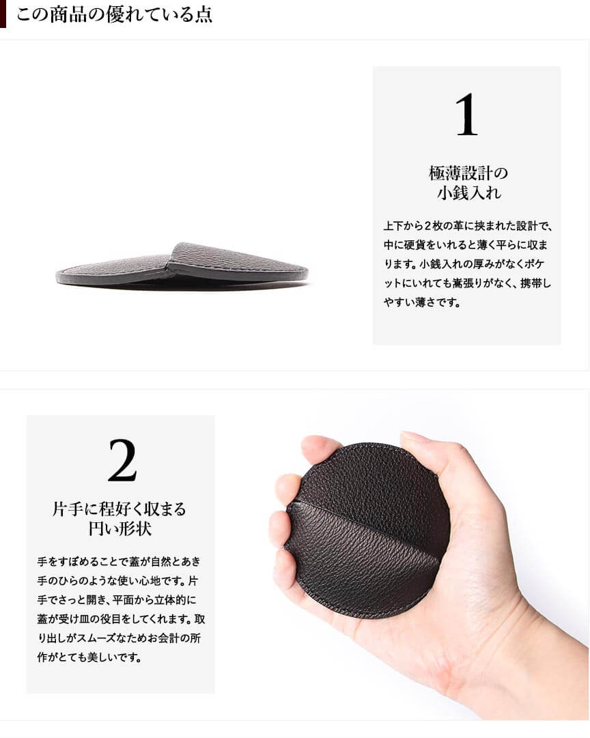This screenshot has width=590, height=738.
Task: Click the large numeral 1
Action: tap(466, 115)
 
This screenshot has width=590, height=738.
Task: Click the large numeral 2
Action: tap(122, 460)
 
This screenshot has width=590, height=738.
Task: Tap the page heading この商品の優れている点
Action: tap(115, 14)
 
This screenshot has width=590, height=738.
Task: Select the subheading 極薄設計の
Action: tap(468, 173)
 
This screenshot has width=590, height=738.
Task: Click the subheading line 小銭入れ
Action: tap(469, 193)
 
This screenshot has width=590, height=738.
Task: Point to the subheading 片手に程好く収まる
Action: tap(119, 509)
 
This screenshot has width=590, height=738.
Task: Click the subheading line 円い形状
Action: tap(120, 528)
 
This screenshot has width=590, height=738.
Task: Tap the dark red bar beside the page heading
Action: tap(3, 14)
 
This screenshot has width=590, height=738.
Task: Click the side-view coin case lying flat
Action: tap(182, 266)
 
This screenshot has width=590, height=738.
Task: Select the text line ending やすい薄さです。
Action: tap(423, 302)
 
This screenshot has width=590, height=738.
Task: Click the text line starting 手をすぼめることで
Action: tap(119, 561)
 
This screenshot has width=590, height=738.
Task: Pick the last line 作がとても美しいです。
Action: tap(89, 657)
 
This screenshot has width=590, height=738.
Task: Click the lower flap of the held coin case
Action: tap(363, 560)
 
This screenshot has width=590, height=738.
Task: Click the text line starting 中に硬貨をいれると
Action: tap(466, 244)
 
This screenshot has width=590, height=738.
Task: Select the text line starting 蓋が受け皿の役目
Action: tap(121, 619)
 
